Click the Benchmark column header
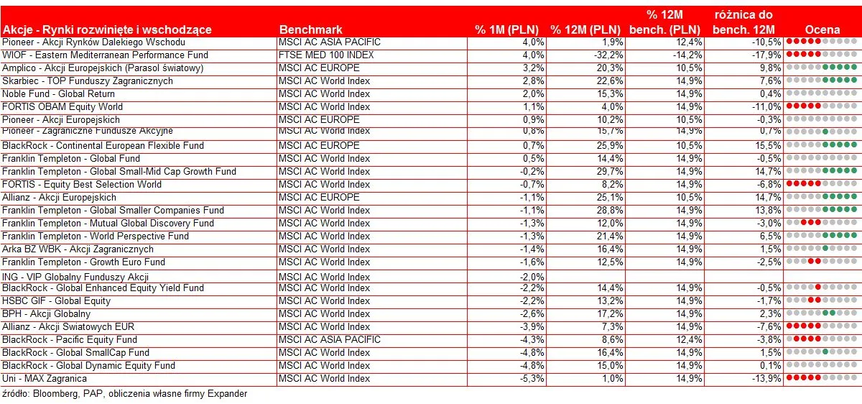coord(310,29)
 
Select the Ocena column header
coord(822,29)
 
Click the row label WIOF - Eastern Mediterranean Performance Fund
coord(105,55)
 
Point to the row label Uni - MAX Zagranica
coord(45,378)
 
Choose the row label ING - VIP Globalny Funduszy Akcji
coord(75,277)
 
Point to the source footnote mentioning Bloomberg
coord(124,394)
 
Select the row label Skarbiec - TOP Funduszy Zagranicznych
coord(88,81)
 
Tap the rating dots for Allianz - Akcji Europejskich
coord(822,197)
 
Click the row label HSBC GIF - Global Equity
coord(57,300)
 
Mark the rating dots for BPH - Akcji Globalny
coord(822,313)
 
